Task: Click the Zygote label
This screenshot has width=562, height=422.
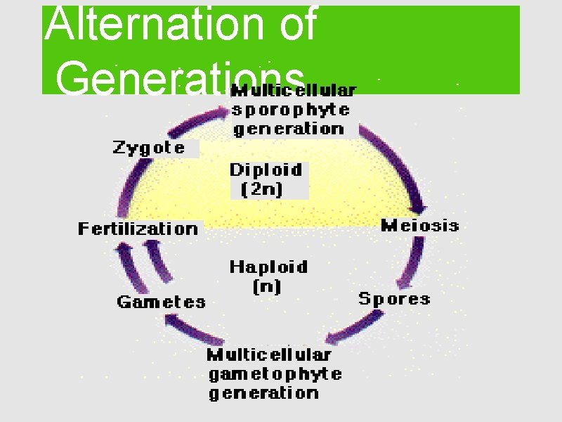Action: tap(149, 148)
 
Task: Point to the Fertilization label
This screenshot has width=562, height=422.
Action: tap(138, 229)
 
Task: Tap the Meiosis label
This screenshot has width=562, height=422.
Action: tap(419, 226)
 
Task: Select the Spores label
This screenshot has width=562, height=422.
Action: tap(394, 299)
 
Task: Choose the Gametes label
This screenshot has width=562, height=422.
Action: tap(161, 302)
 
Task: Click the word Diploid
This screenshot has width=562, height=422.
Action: tap(266, 170)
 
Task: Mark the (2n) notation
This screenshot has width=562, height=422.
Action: tap(262, 190)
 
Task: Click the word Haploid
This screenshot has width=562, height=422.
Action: tap(268, 267)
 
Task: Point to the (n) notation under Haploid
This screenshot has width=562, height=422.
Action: tap(266, 286)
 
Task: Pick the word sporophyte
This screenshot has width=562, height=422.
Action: tap(291, 110)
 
